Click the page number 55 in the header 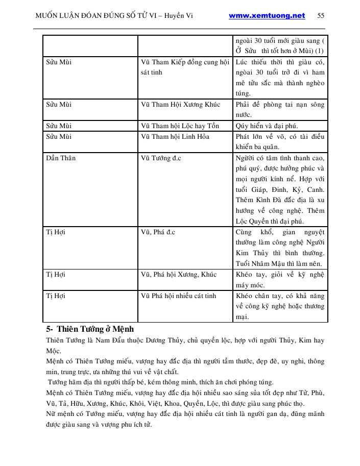click(321, 16)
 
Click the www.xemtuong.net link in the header click(267, 16)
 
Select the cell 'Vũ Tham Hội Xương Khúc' click(180, 105)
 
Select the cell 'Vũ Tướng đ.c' click(161, 158)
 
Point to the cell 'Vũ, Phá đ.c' click(158, 232)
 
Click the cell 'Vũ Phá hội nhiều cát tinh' click(178, 296)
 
